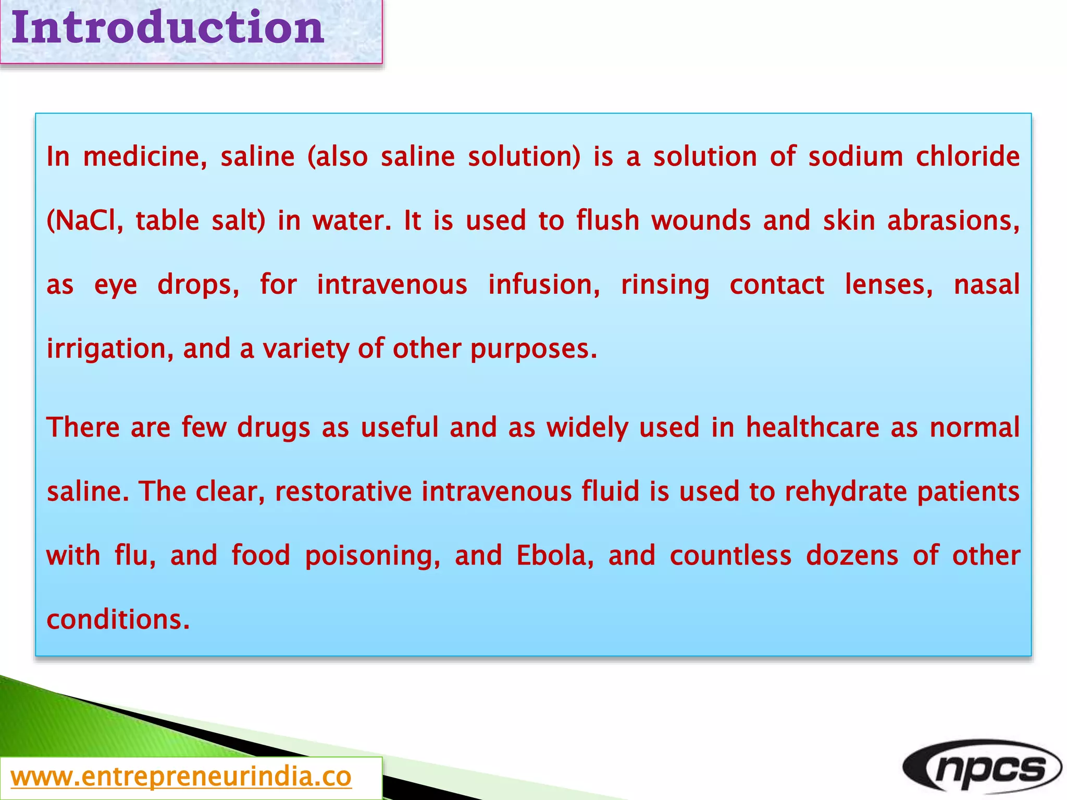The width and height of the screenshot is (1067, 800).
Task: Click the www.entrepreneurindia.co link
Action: [x=181, y=777]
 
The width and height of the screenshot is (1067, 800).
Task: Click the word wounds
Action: [x=701, y=221]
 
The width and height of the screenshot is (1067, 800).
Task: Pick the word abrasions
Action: [x=953, y=221]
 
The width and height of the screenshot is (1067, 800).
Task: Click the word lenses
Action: [x=889, y=285]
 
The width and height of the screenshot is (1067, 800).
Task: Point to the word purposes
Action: [x=533, y=349]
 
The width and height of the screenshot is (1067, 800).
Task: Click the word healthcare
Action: [x=812, y=428]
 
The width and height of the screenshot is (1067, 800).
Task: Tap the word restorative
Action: [x=343, y=492]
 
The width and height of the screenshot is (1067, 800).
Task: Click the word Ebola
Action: [x=555, y=556]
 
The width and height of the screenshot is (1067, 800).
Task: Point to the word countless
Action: [x=730, y=556]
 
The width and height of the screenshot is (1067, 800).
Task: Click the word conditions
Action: [x=118, y=620]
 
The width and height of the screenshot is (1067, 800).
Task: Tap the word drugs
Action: [x=274, y=428]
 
